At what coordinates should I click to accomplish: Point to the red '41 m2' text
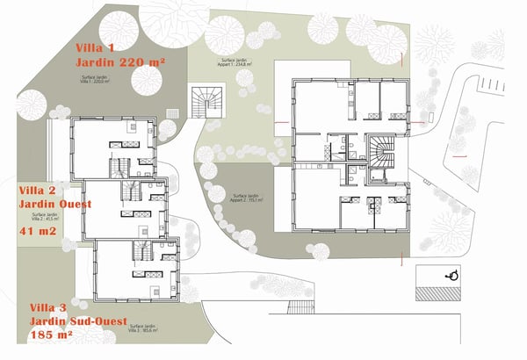pos(38,232)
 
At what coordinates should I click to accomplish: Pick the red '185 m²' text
pos(50,338)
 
